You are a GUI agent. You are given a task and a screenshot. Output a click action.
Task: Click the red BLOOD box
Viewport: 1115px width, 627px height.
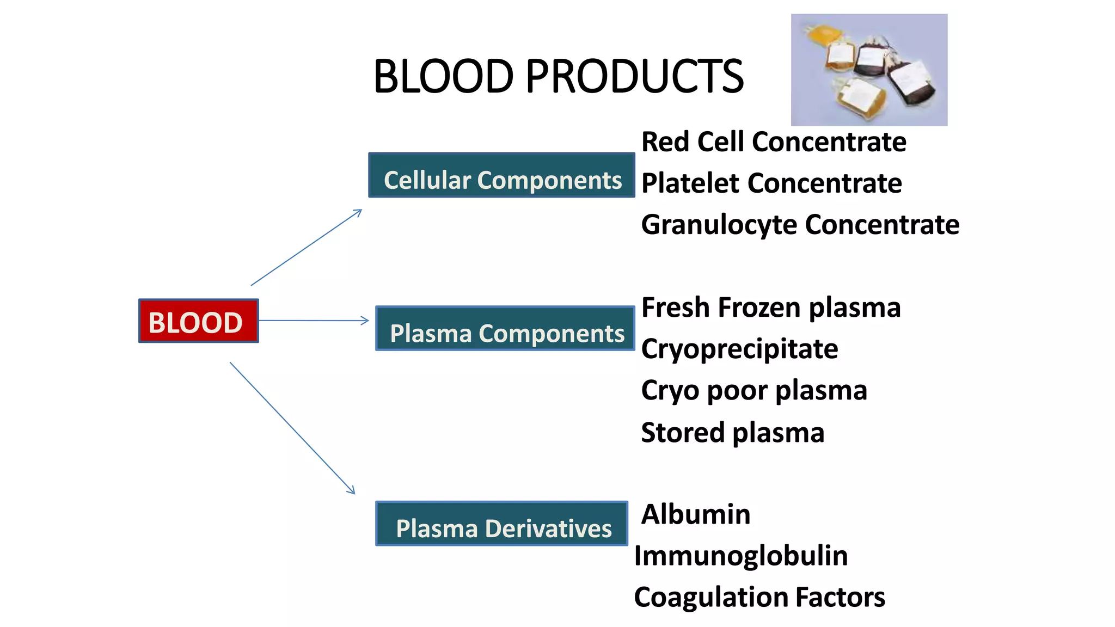tap(198, 321)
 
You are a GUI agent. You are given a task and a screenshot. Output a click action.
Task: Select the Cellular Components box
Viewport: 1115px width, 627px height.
tap(501, 175)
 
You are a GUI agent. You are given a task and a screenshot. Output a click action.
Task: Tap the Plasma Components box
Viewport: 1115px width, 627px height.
tap(505, 329)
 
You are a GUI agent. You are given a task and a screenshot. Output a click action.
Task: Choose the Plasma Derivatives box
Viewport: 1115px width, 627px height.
tap(501, 524)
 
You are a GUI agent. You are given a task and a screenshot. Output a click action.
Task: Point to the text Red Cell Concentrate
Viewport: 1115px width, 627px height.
tap(774, 142)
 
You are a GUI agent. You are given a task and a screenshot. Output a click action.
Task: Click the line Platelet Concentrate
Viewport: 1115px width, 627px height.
tap(771, 183)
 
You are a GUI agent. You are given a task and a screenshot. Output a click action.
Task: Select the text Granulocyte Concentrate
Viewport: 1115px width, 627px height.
tap(800, 225)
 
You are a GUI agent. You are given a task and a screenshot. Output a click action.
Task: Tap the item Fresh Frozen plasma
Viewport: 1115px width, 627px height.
tap(771, 308)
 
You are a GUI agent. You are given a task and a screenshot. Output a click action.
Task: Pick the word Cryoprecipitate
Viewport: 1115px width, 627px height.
tap(739, 349)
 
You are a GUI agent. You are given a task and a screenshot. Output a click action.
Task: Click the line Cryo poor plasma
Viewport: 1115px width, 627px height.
tap(754, 390)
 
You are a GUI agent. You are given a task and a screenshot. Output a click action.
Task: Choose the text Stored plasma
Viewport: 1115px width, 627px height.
tap(732, 433)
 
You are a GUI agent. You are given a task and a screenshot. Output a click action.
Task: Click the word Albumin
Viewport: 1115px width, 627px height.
tap(696, 514)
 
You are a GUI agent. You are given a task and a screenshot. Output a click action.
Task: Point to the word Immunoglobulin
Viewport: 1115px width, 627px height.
tap(741, 556)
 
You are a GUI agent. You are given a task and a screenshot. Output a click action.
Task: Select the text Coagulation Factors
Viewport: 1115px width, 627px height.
tap(759, 597)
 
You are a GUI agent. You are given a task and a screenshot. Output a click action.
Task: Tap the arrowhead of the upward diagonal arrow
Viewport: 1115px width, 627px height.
tap(358, 212)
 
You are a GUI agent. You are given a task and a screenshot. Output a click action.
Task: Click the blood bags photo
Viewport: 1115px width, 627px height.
tap(869, 70)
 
